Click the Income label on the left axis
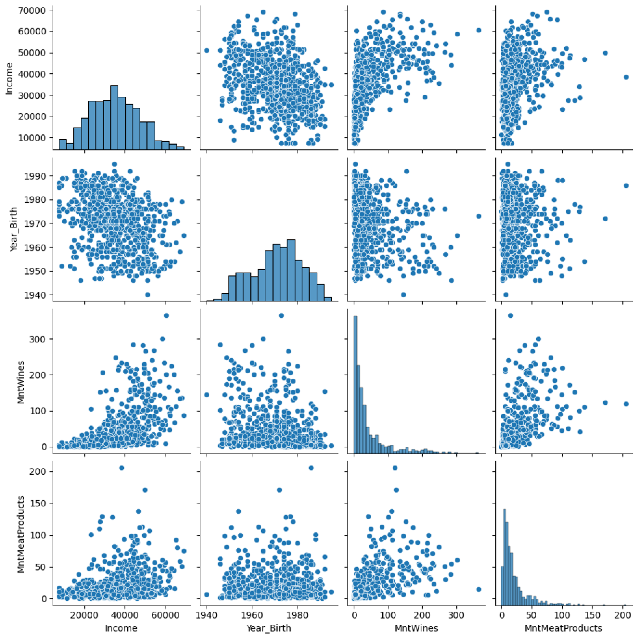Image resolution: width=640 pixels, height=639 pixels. tap(9, 79)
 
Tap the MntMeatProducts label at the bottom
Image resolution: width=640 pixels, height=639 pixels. tap(564, 628)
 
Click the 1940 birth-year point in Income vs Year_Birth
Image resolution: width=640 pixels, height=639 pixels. tap(207, 50)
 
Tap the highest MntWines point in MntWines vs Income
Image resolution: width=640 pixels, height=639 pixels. tap(166, 315)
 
